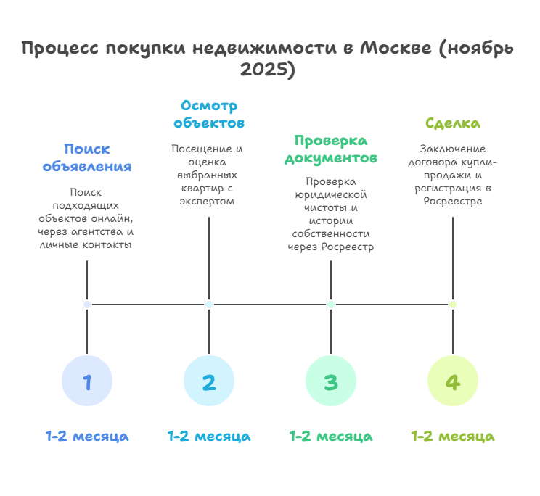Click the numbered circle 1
tap(87, 381)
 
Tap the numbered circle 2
tap(209, 381)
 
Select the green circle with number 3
tap(331, 381)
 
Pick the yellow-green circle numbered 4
tap(453, 381)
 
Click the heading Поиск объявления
tap(87, 157)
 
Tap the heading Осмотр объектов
tap(209, 114)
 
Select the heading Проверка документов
tap(331, 149)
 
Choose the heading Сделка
tap(453, 123)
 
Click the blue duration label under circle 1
tap(87, 437)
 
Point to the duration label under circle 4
tap(453, 437)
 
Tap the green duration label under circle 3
tap(331, 437)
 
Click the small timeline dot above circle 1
tap(87, 305)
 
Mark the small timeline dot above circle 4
tap(453, 305)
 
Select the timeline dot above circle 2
tap(209, 305)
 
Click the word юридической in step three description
tap(331, 194)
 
